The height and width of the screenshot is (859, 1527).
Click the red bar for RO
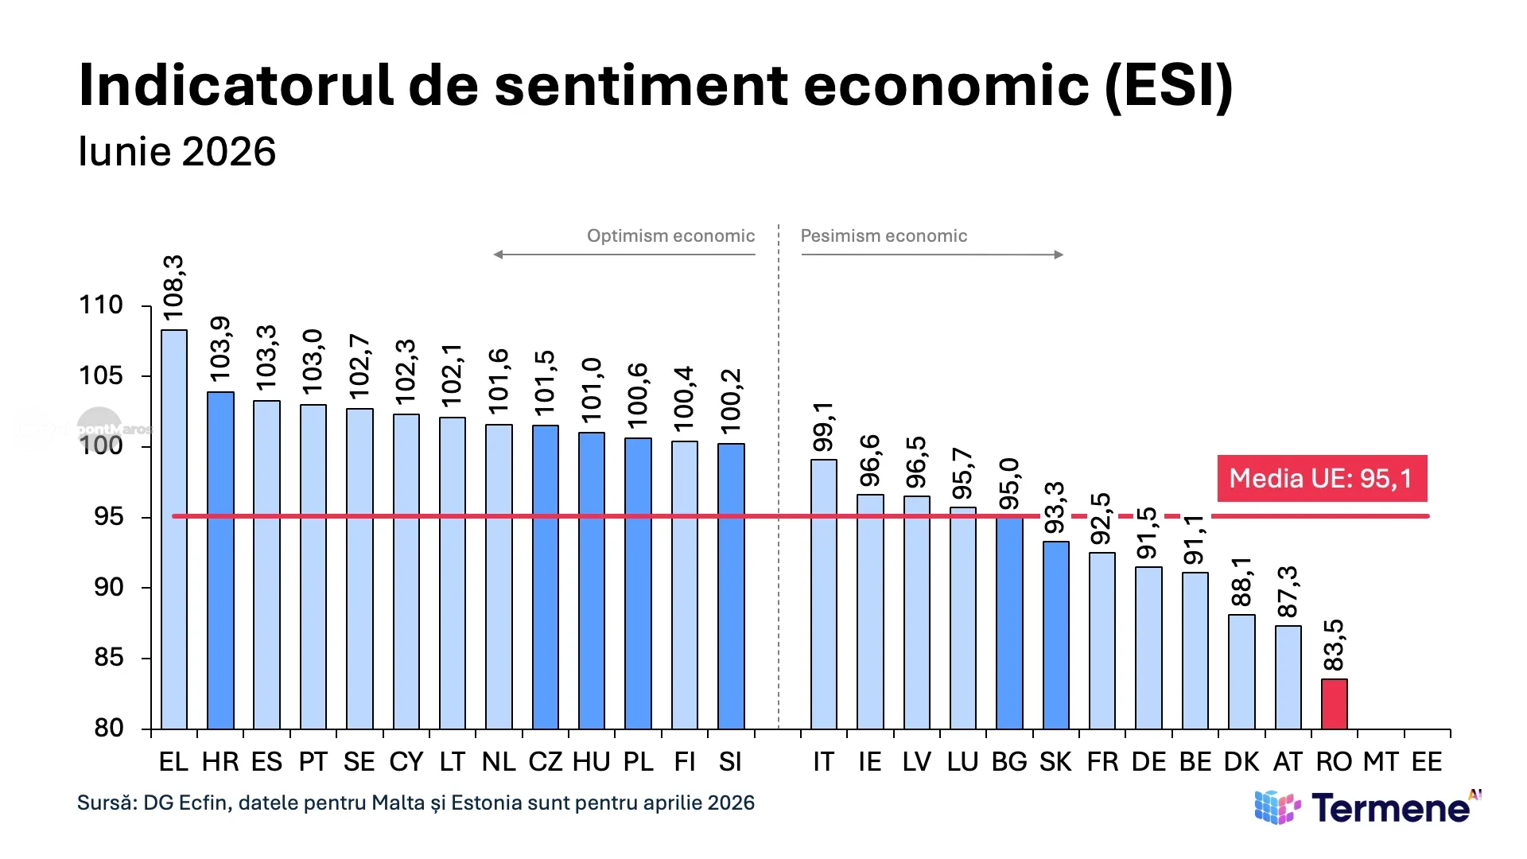(1335, 704)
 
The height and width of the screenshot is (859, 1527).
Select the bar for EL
(174, 530)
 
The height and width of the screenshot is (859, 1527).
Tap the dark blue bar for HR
(220, 561)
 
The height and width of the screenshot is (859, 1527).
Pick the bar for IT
(824, 594)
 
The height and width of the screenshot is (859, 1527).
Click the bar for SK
(1056, 636)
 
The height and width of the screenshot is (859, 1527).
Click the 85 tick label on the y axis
(109, 658)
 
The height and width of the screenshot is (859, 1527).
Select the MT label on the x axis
(1381, 762)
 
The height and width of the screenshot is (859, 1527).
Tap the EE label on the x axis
(1427, 762)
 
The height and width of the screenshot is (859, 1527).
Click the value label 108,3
(173, 288)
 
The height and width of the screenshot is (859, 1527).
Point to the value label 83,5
(1334, 645)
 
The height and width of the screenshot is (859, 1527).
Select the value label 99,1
(823, 426)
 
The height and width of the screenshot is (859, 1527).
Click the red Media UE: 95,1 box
(1322, 478)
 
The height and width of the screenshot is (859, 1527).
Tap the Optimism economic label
(671, 236)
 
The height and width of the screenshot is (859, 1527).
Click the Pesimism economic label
(884, 236)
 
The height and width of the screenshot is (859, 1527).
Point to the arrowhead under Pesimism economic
(1059, 255)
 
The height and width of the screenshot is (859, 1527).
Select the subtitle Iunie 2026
(177, 151)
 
